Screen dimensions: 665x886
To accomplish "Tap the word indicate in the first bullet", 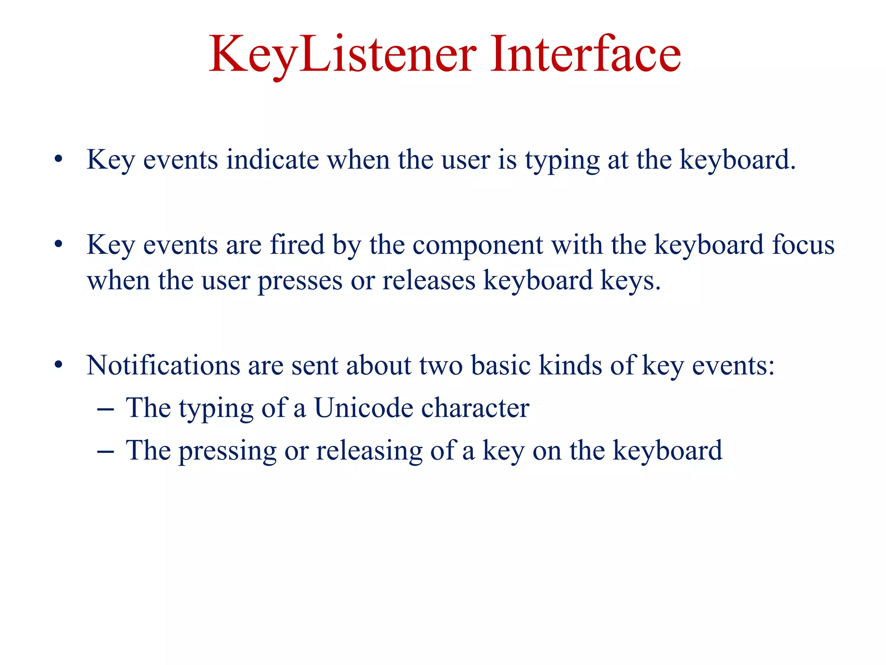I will click(273, 159).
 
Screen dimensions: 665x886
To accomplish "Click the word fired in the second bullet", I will click(297, 245).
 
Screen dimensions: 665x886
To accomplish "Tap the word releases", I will click(429, 280).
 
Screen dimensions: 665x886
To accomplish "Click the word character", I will click(475, 408).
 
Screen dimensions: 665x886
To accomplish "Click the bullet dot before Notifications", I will click(59, 365).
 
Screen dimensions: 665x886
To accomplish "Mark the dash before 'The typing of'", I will click(106, 409).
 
